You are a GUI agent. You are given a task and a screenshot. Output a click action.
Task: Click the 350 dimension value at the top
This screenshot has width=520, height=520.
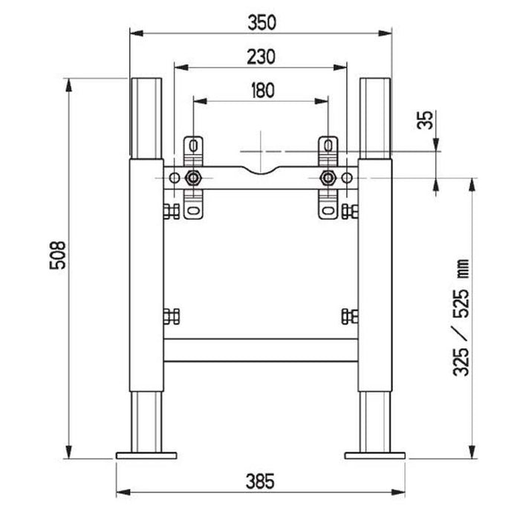pos(261,22)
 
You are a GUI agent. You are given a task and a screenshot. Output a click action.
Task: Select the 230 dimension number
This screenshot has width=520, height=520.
pos(261,56)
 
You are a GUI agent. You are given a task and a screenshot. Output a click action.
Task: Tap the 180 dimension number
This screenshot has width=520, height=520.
pos(261,90)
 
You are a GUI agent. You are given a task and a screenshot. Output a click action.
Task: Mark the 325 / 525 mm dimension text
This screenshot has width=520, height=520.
pos(461,318)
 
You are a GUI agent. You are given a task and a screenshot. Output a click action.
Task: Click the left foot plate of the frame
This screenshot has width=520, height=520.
pos(146,453)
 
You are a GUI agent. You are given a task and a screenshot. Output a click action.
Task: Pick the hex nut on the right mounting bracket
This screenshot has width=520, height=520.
pos(328,178)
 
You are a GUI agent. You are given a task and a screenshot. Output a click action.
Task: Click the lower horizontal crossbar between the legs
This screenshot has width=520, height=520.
pos(260,350)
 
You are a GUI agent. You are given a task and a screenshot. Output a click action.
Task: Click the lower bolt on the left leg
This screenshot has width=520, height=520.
pos(169,316)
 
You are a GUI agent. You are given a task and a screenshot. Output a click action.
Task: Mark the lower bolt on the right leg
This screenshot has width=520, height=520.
pos(351,316)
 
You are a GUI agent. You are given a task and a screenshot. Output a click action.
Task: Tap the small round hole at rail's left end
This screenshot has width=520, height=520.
pos(174,178)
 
